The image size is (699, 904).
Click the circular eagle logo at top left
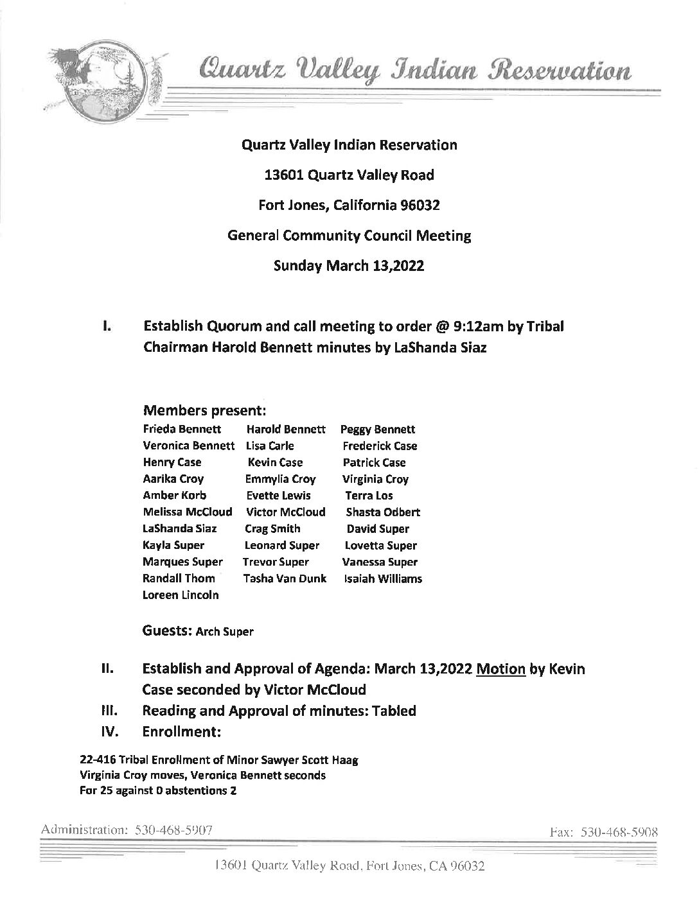point(103,80)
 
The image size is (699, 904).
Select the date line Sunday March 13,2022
point(349,266)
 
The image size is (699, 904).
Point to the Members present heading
point(204,410)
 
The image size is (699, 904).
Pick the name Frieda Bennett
point(182,429)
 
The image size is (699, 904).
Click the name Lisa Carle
point(269,446)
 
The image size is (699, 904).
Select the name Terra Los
point(369,496)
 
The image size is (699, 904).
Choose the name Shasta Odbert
point(383,512)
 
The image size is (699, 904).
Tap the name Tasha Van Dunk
point(285,578)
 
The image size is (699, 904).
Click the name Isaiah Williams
point(383,578)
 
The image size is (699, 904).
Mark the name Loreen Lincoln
point(181,595)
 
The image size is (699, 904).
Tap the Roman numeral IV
point(107,731)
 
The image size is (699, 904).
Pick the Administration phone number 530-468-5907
point(173,830)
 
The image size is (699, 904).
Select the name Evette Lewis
point(278,496)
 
